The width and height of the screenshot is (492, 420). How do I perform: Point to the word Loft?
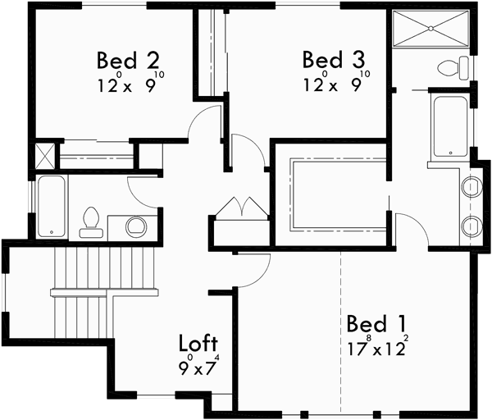(x=198, y=342)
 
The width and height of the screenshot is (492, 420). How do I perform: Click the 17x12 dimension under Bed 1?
(x=376, y=346)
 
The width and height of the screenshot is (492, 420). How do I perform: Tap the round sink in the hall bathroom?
(x=135, y=225)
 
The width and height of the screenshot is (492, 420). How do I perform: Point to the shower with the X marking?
(x=430, y=32)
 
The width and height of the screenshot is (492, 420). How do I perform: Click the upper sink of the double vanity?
(x=472, y=187)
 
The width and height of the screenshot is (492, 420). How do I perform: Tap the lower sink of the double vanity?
(x=472, y=225)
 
